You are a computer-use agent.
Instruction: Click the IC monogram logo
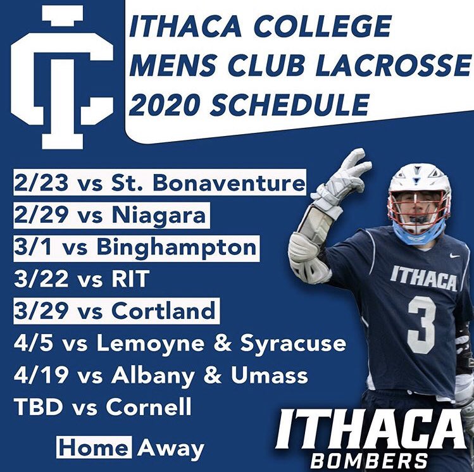coord(62,76)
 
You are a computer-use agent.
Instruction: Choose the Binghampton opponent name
coord(177,247)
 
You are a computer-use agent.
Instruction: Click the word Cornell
coord(149,407)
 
